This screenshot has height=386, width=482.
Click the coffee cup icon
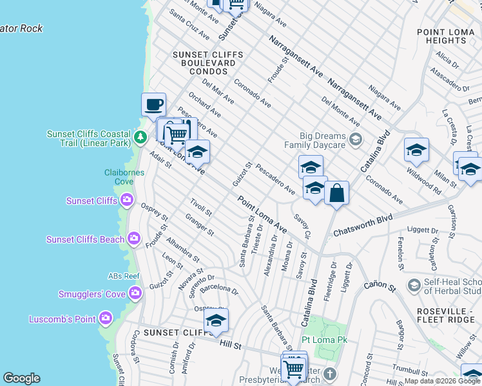(x=153, y=104)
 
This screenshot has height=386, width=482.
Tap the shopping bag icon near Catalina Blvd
(x=336, y=192)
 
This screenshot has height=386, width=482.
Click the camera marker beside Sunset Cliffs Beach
(x=134, y=239)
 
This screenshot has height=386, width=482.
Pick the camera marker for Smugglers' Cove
(x=135, y=294)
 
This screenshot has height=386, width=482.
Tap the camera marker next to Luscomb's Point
(x=106, y=319)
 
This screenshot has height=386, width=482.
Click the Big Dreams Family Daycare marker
(x=354, y=139)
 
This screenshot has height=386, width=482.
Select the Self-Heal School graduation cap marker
(x=414, y=285)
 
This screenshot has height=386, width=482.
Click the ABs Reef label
(x=124, y=276)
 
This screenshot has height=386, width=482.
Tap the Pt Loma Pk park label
(x=324, y=339)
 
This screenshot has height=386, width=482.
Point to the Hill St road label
(x=230, y=346)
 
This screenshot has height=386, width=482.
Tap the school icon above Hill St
(x=216, y=320)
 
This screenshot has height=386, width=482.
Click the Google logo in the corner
(x=21, y=378)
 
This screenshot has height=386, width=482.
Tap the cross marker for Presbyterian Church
(x=329, y=374)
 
